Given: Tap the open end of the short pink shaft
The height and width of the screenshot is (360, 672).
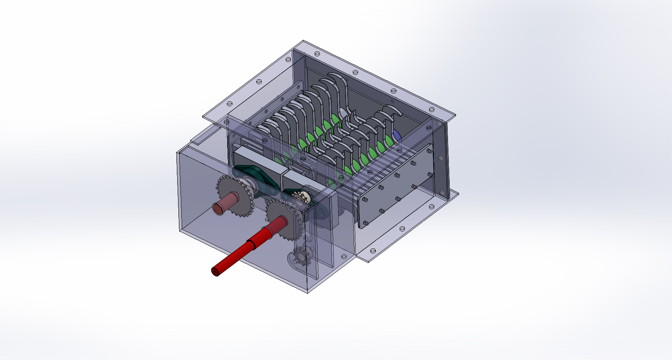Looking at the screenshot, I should click(218, 209).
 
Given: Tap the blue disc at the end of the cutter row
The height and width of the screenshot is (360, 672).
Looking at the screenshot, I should click(397, 136).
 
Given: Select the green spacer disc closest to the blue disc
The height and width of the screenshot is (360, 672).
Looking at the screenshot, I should click(389, 141).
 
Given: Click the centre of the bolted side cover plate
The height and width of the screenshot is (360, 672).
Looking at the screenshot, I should click(397, 187).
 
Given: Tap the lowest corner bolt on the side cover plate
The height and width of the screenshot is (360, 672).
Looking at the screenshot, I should click(365, 223).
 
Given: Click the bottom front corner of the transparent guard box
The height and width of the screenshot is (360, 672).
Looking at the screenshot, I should click(308, 292).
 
